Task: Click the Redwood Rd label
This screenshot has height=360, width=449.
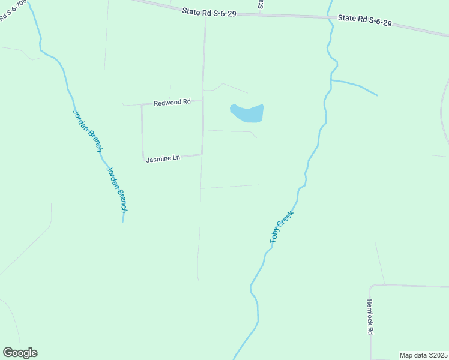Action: pyautogui.click(x=172, y=103)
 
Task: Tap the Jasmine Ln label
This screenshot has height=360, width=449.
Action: pyautogui.click(x=163, y=158)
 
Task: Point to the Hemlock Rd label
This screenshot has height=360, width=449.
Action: pyautogui.click(x=370, y=317)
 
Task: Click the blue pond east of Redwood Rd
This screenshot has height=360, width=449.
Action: pyautogui.click(x=248, y=112)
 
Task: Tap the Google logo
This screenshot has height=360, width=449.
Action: pyautogui.click(x=20, y=353)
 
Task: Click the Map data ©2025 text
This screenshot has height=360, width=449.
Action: pyautogui.click(x=424, y=355)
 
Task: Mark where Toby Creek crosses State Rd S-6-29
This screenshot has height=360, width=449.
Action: pyautogui.click(x=330, y=17)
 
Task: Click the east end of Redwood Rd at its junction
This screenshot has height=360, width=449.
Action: pyautogui.click(x=202, y=100)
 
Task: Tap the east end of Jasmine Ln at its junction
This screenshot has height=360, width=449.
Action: pyautogui.click(x=201, y=154)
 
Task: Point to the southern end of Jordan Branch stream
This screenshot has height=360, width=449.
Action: pyautogui.click(x=123, y=221)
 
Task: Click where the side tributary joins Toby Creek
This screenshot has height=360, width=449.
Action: pyautogui.click(x=331, y=80)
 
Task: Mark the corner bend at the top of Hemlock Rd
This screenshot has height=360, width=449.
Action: pyautogui.click(x=370, y=286)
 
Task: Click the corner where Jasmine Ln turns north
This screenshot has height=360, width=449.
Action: pyautogui.click(x=143, y=160)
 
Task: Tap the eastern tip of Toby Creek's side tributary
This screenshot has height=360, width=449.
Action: pyautogui.click(x=378, y=95)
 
